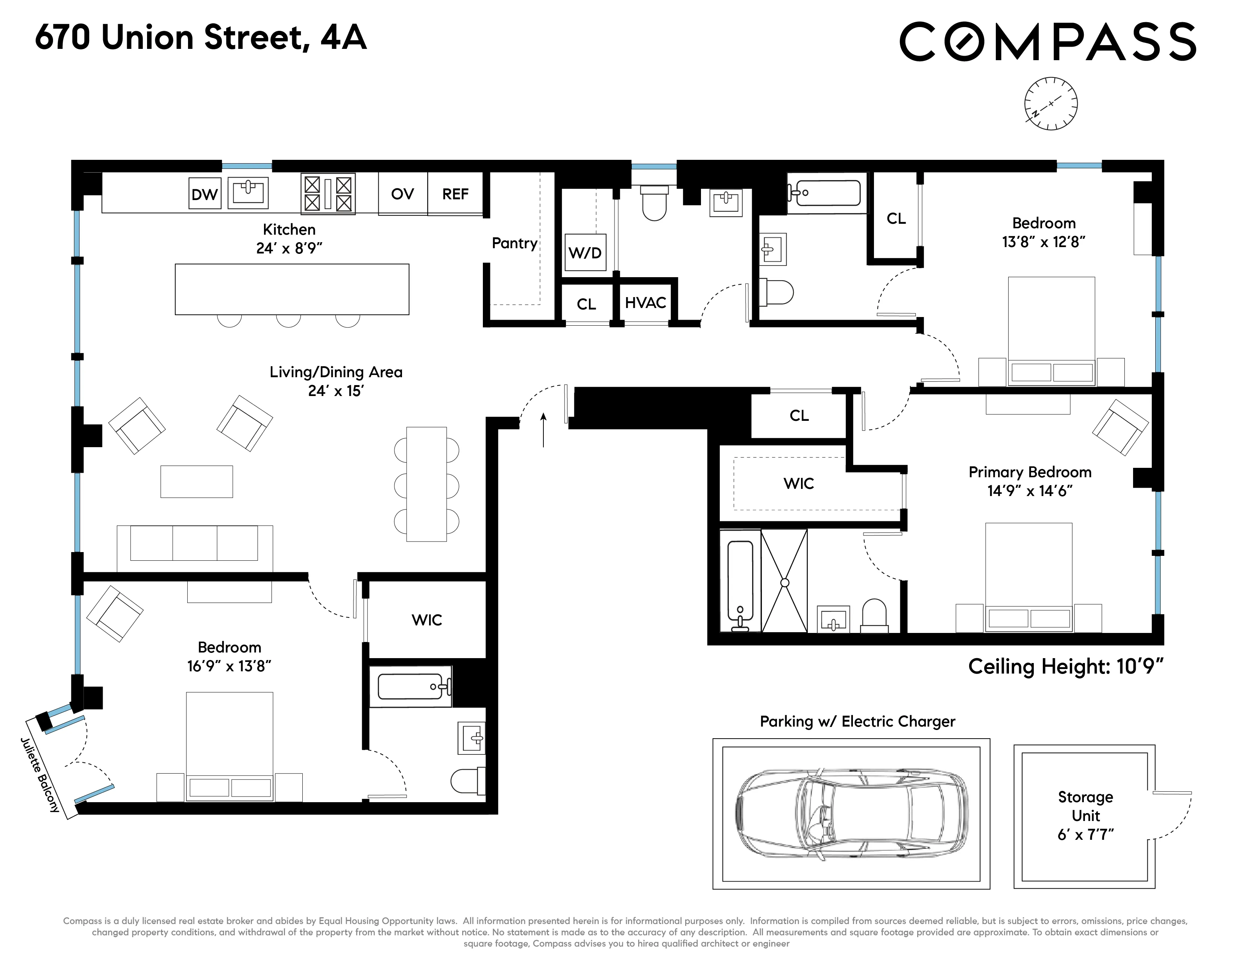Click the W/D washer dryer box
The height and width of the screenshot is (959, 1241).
[585, 252]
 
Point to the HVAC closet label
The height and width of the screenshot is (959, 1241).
[645, 303]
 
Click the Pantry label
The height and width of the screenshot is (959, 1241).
[514, 243]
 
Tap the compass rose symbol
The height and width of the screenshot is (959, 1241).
[1051, 103]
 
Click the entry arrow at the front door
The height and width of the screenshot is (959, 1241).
[543, 429]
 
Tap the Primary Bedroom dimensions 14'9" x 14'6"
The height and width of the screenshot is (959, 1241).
[1030, 491]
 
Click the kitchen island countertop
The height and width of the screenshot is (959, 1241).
[291, 288]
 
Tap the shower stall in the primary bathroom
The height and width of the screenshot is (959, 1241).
[784, 581]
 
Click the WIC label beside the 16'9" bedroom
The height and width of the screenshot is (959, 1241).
[427, 620]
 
